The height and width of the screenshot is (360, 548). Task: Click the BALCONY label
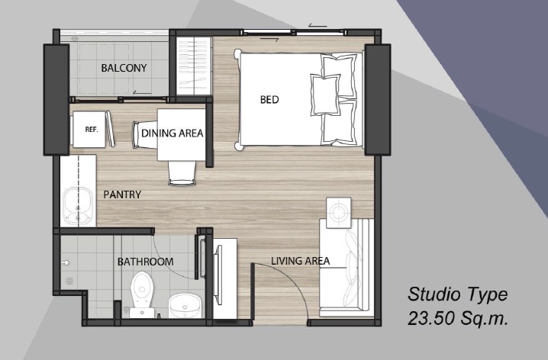tap(124, 68)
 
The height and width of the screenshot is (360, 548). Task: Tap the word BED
tap(269, 100)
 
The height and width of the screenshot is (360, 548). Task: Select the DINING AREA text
tap(172, 133)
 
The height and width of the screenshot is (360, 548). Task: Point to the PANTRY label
tap(122, 194)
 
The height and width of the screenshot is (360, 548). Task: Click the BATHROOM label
tap(145, 262)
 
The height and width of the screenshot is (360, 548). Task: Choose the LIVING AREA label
tap(301, 261)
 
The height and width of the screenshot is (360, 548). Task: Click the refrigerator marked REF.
tap(89, 129)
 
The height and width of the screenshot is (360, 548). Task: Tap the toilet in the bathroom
tap(142, 294)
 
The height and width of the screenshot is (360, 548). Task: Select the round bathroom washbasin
tap(185, 305)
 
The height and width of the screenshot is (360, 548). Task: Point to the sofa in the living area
tap(347, 268)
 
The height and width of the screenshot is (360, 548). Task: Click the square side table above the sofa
tap(338, 213)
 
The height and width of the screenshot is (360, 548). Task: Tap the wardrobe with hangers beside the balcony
tap(194, 66)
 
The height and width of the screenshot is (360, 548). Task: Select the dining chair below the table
tap(182, 172)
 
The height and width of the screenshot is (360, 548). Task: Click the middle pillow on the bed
tap(325, 95)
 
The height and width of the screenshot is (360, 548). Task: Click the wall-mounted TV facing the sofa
tap(218, 275)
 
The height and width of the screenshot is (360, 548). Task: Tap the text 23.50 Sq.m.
tap(457, 319)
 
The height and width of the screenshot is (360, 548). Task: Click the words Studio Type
tap(457, 294)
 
